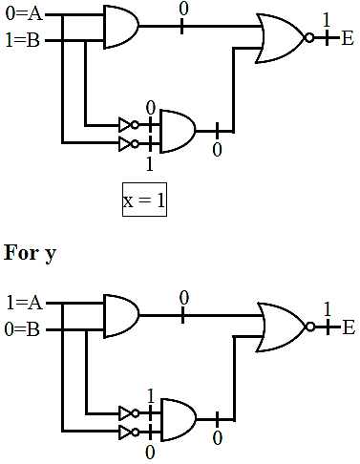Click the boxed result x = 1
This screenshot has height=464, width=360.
tap(144, 200)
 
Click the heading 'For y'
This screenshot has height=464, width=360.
tap(30, 254)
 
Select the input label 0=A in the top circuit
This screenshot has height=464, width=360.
tap(24, 14)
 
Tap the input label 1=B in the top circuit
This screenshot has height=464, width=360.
tap(23, 40)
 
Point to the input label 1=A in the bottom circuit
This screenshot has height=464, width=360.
tap(25, 303)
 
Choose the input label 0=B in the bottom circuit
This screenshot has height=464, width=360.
tap(22, 329)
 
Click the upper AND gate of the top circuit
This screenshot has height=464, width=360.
tap(121, 27)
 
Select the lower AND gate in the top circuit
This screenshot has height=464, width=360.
tap(178, 132)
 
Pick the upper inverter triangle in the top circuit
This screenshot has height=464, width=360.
tap(125, 125)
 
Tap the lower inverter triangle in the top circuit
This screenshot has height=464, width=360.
tap(125, 144)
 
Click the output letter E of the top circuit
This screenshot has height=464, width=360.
tap(347, 38)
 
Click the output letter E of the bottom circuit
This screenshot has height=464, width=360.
tap(349, 327)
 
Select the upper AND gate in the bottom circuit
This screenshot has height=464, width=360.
tap(121, 316)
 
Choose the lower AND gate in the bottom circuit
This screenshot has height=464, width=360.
tap(179, 420)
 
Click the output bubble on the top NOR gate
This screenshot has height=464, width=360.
tap(309, 38)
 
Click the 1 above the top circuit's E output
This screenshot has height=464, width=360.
tap(327, 20)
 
